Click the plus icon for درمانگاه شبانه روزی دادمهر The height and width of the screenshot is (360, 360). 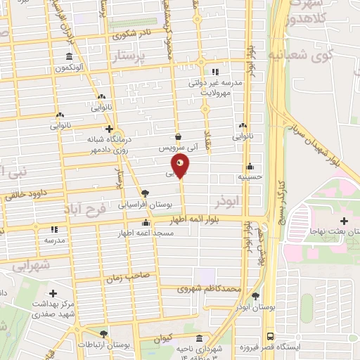108,129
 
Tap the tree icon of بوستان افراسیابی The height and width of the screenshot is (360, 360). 145,193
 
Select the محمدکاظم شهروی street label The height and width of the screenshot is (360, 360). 210,289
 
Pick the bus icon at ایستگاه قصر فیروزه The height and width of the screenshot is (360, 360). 271,336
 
